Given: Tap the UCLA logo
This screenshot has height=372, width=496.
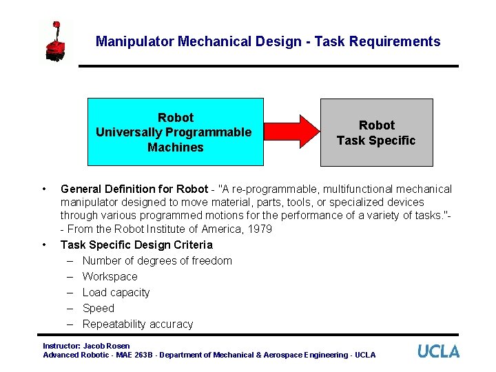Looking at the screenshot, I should coord(438,351).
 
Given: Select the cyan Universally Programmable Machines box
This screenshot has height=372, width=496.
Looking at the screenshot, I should coord(175,132).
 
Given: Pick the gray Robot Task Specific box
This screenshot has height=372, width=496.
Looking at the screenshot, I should coord(376,132).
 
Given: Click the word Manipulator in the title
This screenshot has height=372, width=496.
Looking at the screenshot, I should coord(135,41).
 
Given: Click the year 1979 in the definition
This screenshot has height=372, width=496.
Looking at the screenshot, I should coord(259,229).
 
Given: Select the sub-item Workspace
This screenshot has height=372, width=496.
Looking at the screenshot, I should coord(110,276).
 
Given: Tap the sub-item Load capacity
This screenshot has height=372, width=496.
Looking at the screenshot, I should coord(116,292).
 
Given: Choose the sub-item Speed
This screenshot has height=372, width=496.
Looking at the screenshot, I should coord(99,308).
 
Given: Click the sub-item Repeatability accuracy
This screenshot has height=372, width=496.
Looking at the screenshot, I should coord(138,324).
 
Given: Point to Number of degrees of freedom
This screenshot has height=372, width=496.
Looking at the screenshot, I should coord(157,260).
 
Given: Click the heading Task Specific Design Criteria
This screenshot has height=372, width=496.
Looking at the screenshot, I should coord(136,245).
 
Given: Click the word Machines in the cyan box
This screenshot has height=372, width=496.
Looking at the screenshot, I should coord(175,147).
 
